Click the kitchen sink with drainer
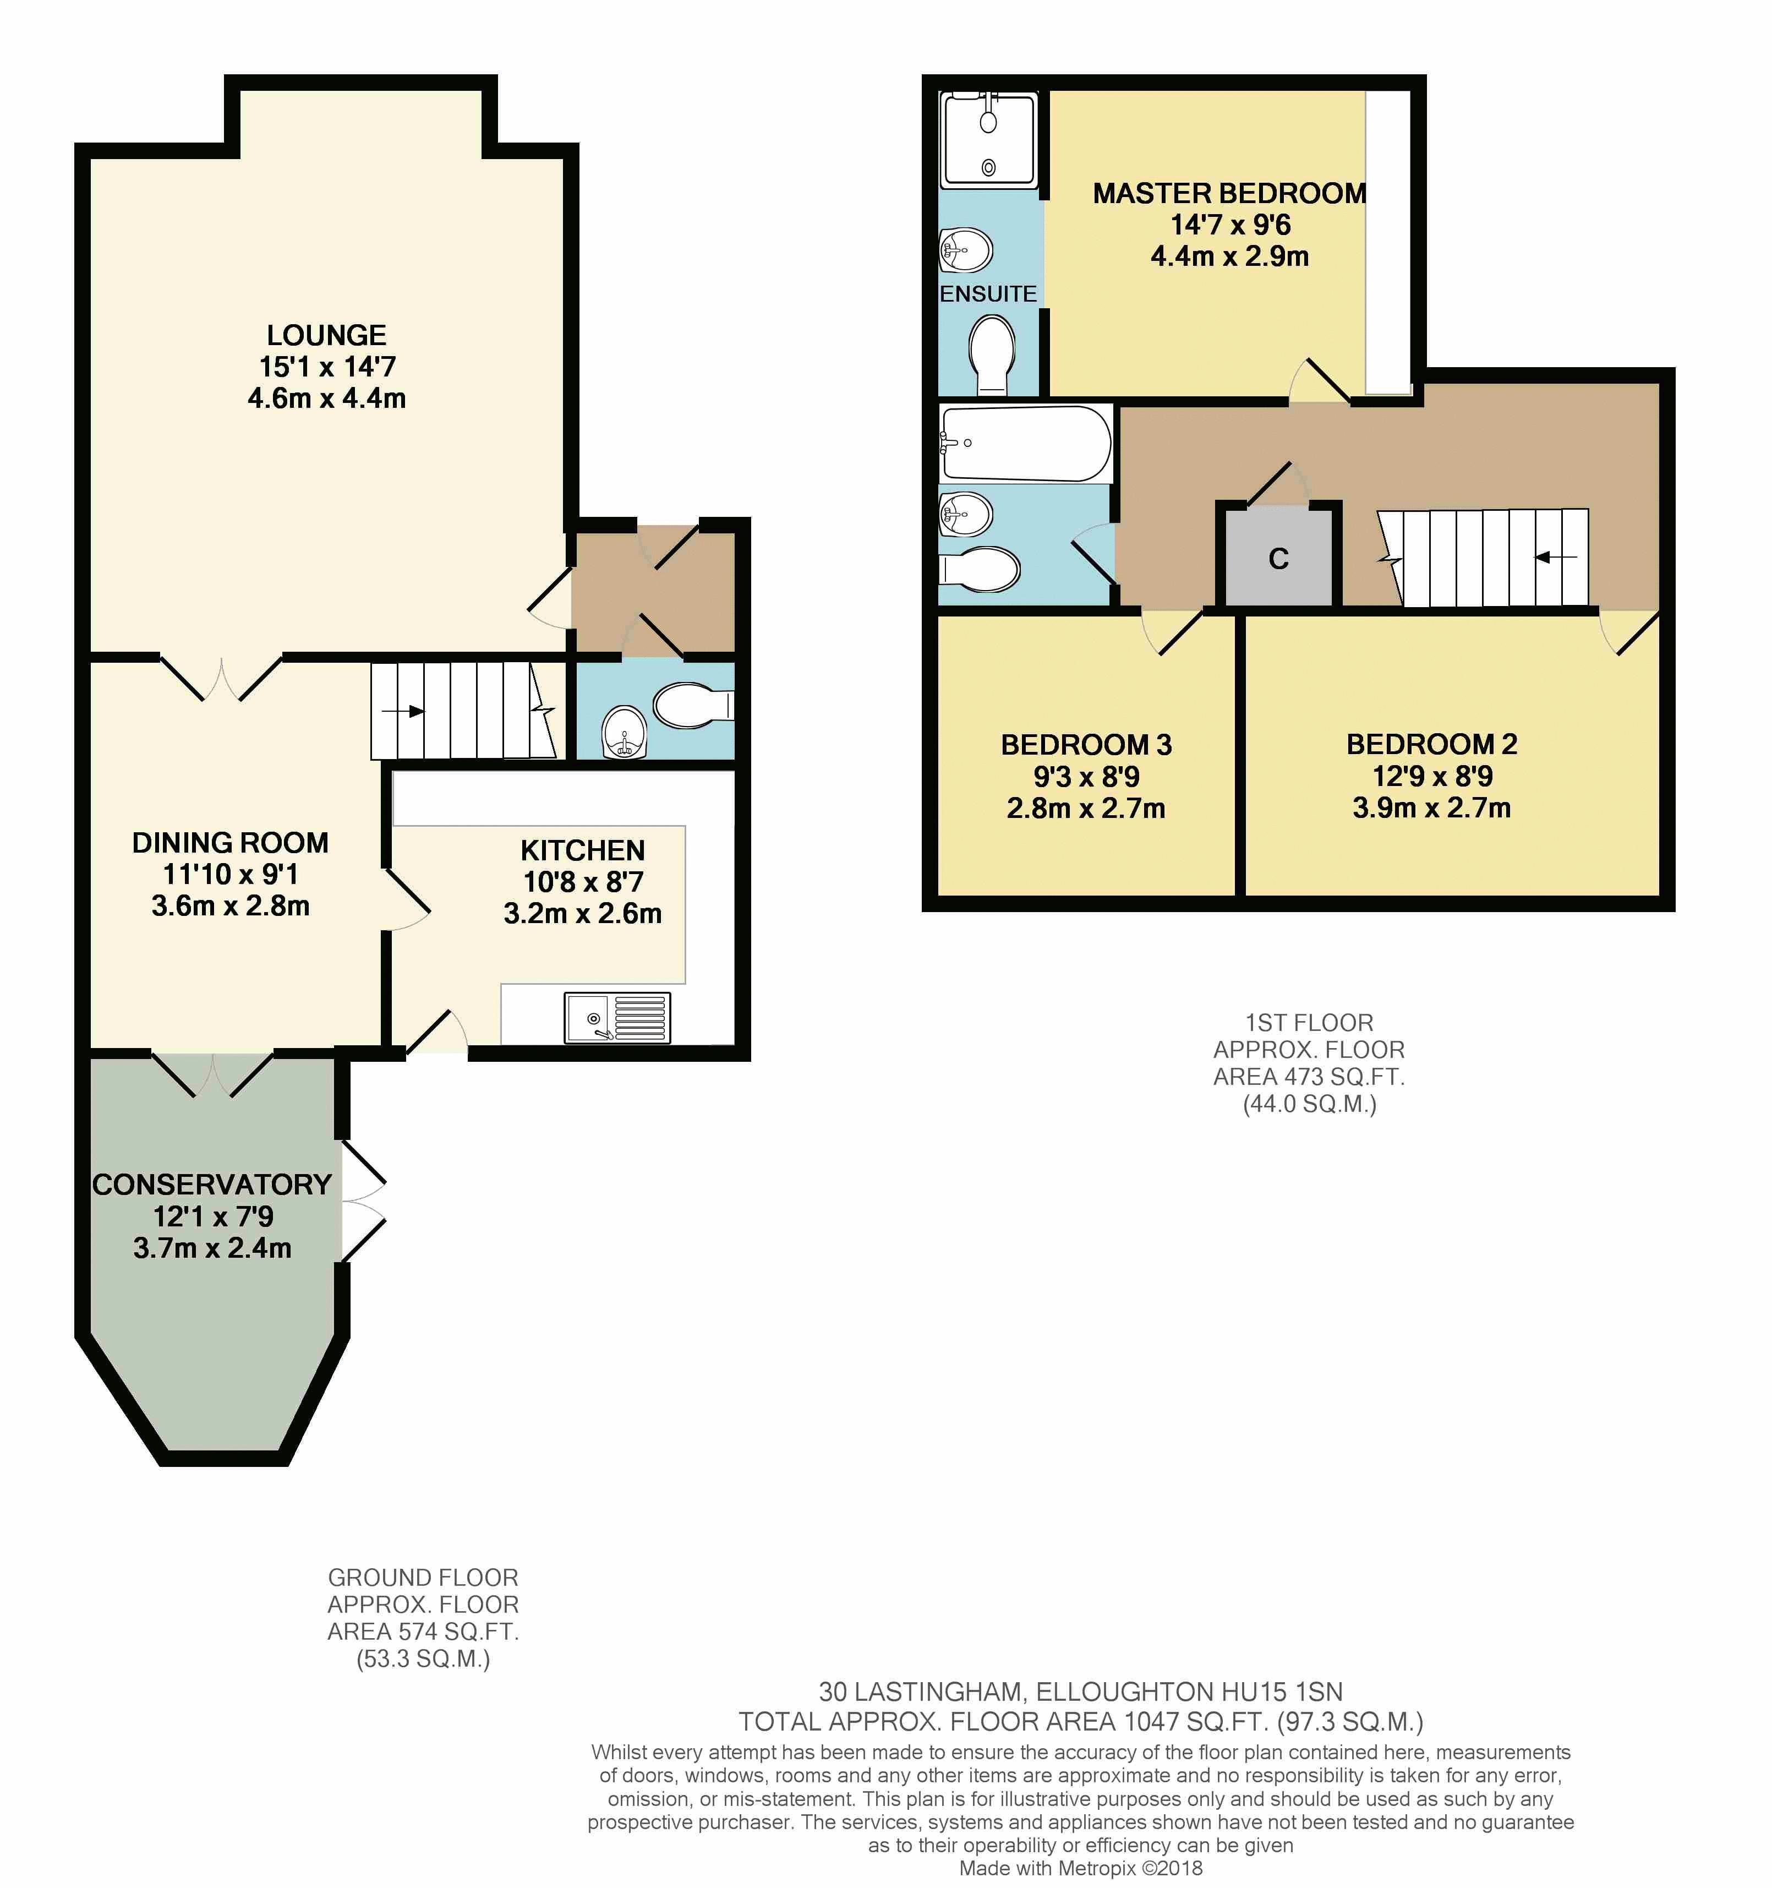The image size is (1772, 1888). pos(617,1017)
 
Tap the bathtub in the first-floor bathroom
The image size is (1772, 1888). pos(1025,444)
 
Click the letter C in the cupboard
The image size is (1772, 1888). pos(1278,559)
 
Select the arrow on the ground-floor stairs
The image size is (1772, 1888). pos(403,711)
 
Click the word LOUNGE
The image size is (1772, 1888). pos(327,335)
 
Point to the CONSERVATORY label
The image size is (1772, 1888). pos(212,1185)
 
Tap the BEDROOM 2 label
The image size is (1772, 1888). pos(1432,745)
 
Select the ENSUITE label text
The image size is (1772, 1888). pos(988,294)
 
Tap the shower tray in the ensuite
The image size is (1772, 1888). pos(988,140)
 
